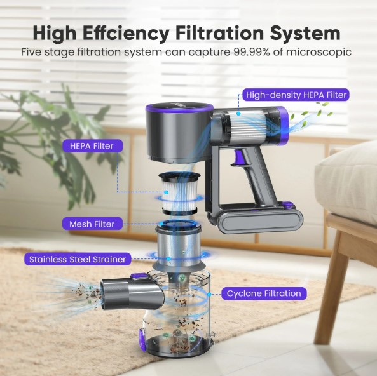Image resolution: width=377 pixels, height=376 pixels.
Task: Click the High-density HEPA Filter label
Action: pos(296,95)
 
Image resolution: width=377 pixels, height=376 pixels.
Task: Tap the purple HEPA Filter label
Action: pos(92,146)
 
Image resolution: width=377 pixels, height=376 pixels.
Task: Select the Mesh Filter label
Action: pos(92,224)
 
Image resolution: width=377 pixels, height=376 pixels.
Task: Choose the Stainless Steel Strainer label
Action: pos(78,259)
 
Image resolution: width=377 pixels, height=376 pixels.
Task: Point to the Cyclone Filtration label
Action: pos(264,293)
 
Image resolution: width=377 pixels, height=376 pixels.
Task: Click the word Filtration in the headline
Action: pos(219,33)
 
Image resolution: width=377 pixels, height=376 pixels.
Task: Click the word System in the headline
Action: pos(305,34)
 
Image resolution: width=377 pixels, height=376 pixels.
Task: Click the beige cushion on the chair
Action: pos(346,182)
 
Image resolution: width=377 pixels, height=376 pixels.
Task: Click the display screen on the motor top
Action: pos(179,106)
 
